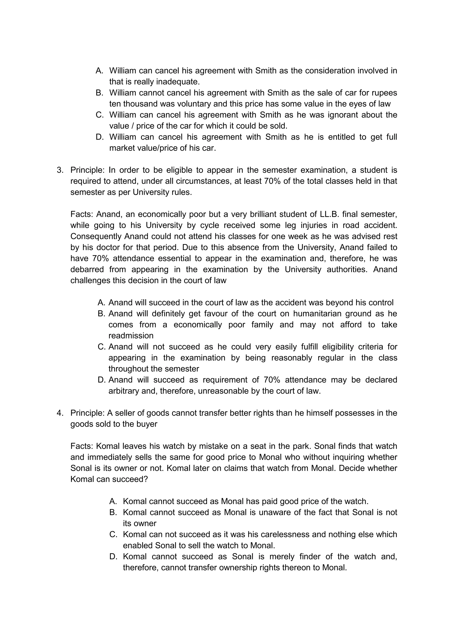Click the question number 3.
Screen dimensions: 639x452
pos(60,170)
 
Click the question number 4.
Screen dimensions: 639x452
pos(60,413)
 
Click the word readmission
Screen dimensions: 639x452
pos(131,336)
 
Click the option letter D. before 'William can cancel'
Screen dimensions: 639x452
pos(99,137)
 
